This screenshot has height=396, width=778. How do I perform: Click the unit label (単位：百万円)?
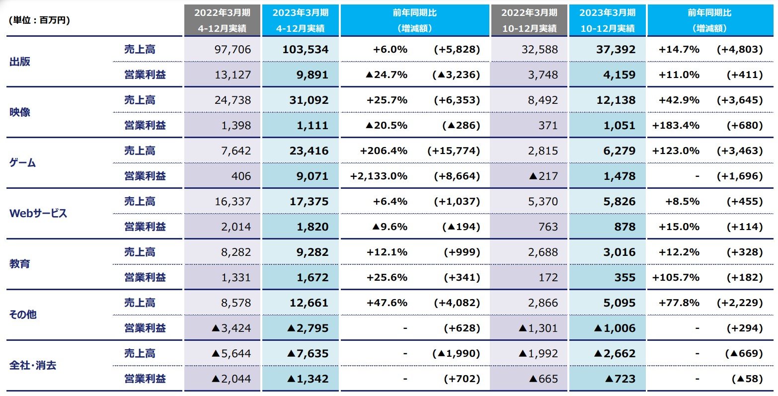(39, 20)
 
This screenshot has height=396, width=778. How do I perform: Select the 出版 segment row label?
(20, 62)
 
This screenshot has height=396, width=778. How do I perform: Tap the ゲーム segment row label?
(23, 163)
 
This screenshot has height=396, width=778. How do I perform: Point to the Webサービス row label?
(38, 214)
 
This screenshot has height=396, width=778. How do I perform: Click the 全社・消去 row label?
(33, 366)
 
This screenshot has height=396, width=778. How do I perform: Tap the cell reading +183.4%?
(676, 125)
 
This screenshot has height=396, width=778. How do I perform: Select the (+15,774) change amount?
(454, 151)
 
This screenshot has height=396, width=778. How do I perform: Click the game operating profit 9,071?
(310, 176)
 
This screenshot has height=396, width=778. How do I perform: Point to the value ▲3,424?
(231, 328)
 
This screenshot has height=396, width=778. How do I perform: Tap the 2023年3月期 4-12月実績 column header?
(300, 20)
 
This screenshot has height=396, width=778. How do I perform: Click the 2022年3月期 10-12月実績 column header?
(529, 20)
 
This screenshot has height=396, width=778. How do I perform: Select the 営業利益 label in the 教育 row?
(145, 277)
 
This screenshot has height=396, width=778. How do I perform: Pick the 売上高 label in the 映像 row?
(140, 100)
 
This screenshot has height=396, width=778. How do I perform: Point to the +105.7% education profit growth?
(676, 277)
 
